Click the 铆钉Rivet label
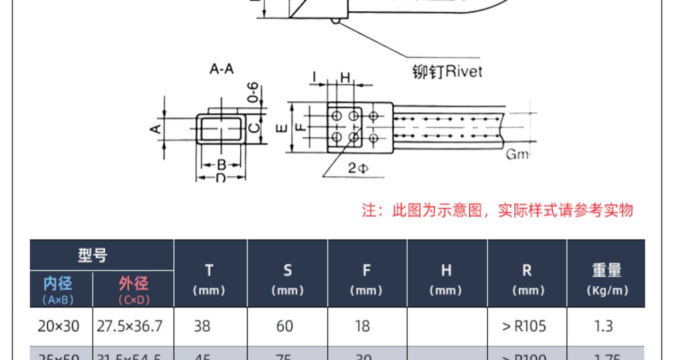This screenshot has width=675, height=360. coord(447,72)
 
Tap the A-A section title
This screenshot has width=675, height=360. coord(221,70)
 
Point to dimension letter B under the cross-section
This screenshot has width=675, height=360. coord(221,164)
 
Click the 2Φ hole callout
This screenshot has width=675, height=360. coord(358,169)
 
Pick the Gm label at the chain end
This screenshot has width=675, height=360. coord(517,154)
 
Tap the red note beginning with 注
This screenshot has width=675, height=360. coord(498,210)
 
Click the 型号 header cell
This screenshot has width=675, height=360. coord(93,256)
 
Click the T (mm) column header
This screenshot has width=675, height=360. coord(209,279)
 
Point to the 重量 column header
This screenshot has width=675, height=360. coord(607,279)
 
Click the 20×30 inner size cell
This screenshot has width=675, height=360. coord(58,326)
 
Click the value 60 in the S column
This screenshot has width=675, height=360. coord(284,326)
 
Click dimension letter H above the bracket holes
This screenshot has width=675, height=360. coord(345,78)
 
